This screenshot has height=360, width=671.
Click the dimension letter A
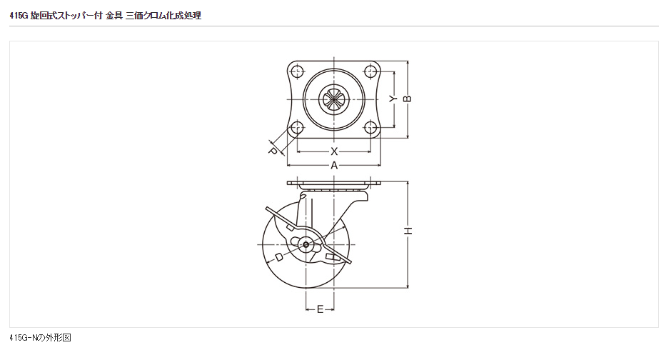pos(333,166)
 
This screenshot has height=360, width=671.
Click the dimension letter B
pos(408,99)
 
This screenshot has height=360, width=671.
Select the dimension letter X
pos(333,151)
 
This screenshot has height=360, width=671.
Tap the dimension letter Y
pos(392,99)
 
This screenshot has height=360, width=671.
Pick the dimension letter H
pos(408,231)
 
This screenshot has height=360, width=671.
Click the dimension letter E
pos(321,309)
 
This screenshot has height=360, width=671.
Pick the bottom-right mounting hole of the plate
pos(370,128)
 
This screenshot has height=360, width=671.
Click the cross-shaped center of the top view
pos(333,99)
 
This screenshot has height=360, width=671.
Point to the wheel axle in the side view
pos(306,246)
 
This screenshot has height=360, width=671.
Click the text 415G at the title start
pos(19,15)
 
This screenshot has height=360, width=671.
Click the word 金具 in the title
pos(113,15)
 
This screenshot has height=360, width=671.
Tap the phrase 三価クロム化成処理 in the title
pos(163,15)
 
